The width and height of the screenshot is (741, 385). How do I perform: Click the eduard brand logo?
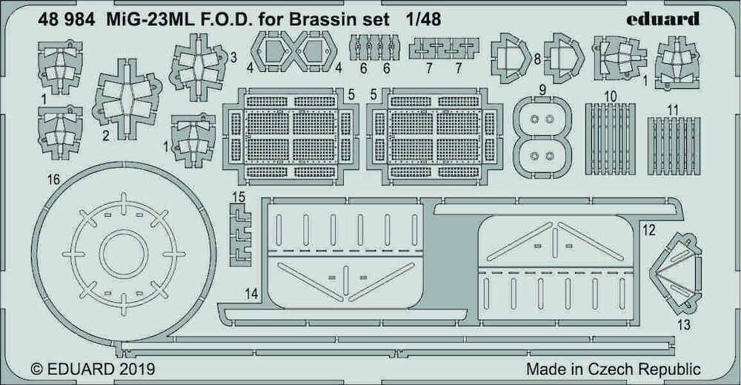pyautogui.click(x=662, y=19)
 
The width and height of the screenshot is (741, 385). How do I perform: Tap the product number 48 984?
pyautogui.click(x=66, y=19)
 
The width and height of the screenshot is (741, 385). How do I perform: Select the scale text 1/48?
pyautogui.click(x=423, y=19)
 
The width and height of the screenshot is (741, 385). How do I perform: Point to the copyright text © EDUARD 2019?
pyautogui.click(x=93, y=369)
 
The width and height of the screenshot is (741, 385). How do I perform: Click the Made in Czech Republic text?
pyautogui.click(x=614, y=369)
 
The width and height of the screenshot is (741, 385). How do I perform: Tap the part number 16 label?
pyautogui.click(x=54, y=180)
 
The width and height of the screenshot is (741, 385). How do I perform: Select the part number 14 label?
pyautogui.click(x=252, y=294)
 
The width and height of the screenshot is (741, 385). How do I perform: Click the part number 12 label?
pyautogui.click(x=649, y=231)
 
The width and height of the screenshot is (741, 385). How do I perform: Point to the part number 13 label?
pyautogui.click(x=684, y=325)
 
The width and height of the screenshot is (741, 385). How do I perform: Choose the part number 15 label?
pyautogui.click(x=239, y=197)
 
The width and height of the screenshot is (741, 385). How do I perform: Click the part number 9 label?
pyautogui.click(x=542, y=90)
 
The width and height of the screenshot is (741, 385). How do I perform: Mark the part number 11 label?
pyautogui.click(x=674, y=111)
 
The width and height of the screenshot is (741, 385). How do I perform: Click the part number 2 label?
pyautogui.click(x=105, y=136)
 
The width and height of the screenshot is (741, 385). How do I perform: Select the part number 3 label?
pyautogui.click(x=233, y=58)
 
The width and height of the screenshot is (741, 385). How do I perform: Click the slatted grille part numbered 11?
pyautogui.click(x=674, y=145)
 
